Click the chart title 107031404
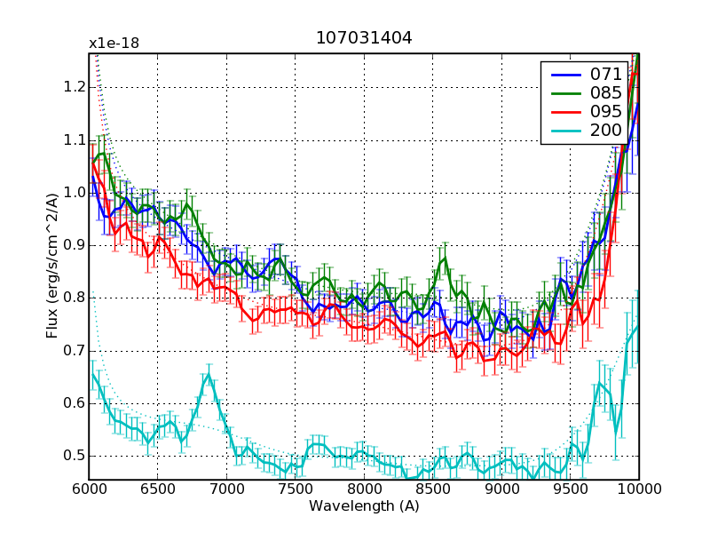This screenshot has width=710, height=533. point(364,38)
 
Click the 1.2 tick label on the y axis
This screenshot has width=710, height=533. point(74,87)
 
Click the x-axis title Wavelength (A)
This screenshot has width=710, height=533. point(364,506)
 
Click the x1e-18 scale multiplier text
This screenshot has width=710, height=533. point(114,44)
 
